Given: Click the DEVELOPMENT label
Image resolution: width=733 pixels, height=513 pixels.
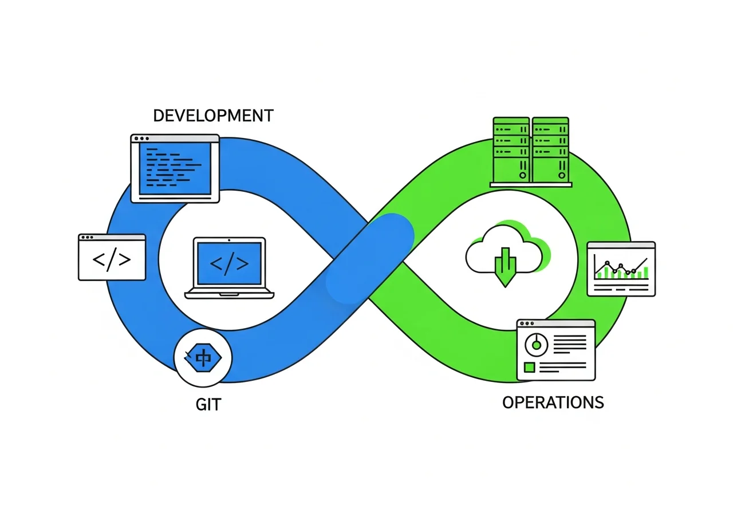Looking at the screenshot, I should click(x=213, y=115).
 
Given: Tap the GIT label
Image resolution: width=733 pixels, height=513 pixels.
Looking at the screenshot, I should click(x=208, y=404).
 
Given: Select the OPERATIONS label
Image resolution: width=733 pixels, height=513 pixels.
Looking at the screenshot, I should click(x=553, y=402).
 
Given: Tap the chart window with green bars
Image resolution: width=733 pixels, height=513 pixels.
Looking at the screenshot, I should click(x=621, y=269).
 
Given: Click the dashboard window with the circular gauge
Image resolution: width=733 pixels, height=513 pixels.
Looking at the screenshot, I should click(x=555, y=349).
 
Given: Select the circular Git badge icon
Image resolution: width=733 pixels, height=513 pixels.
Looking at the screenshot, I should click(x=203, y=358).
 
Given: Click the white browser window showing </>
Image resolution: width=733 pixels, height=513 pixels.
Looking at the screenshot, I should click(x=112, y=257).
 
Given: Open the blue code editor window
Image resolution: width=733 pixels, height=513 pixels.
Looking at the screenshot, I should click(x=175, y=168).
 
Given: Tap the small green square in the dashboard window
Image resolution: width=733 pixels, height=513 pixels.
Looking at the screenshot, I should click(x=530, y=367).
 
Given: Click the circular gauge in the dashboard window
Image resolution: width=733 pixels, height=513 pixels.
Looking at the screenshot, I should click(x=537, y=345).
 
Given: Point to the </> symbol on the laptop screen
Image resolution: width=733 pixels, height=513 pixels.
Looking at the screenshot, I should click(x=229, y=263).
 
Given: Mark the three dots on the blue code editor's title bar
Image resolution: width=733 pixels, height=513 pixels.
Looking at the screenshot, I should click(x=140, y=139).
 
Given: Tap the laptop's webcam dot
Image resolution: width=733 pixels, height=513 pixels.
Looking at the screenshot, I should click(x=230, y=239).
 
